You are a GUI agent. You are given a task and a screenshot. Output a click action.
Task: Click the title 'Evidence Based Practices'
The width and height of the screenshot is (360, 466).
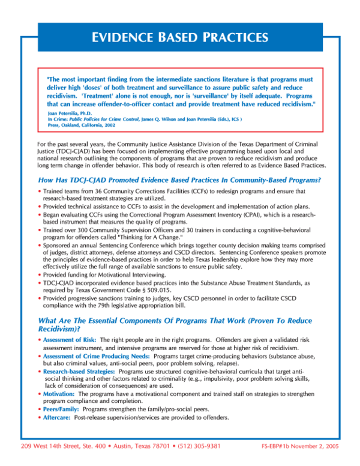click(x=179, y=37)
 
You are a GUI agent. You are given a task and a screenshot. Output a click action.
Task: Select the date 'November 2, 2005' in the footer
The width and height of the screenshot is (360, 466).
click(x=316, y=447)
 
